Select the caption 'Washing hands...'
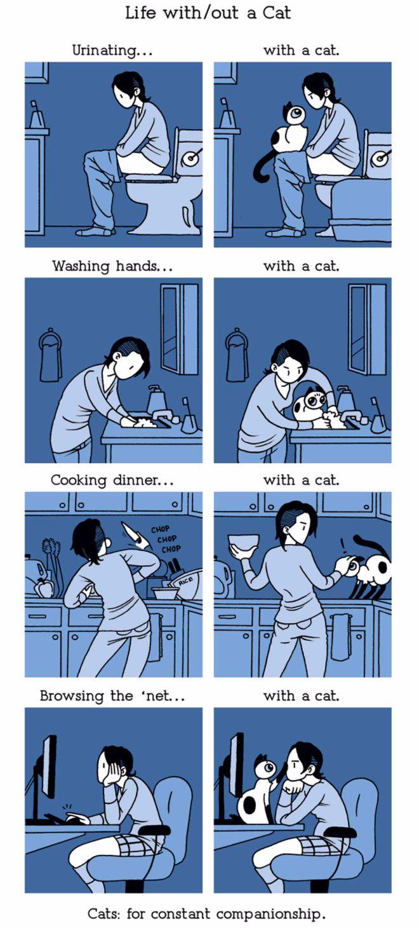112,266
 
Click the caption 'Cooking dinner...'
112,480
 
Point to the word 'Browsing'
72,695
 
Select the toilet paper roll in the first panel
190,158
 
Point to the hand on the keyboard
77,819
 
